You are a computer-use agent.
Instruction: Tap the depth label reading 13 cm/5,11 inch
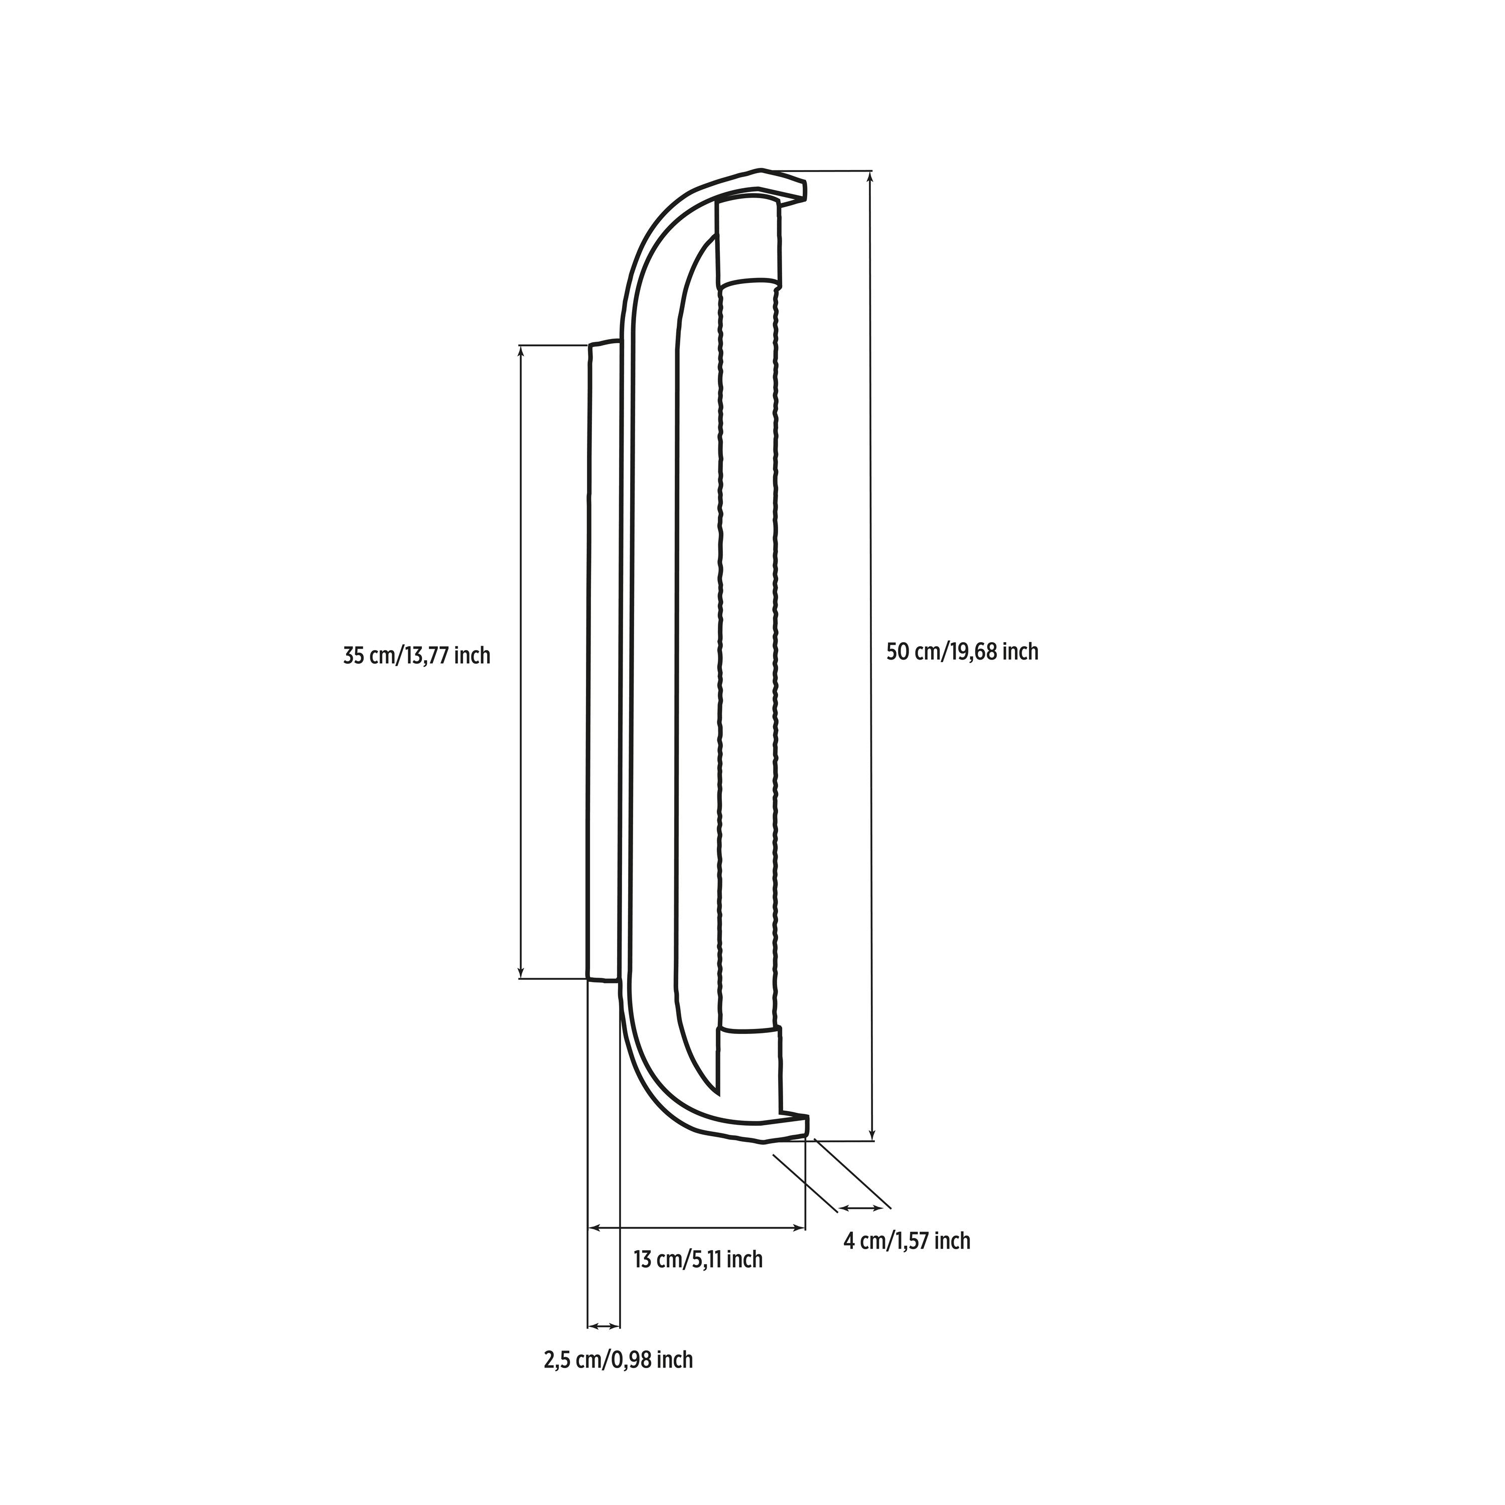[698, 1281]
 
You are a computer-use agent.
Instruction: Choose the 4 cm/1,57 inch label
[907, 1263]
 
